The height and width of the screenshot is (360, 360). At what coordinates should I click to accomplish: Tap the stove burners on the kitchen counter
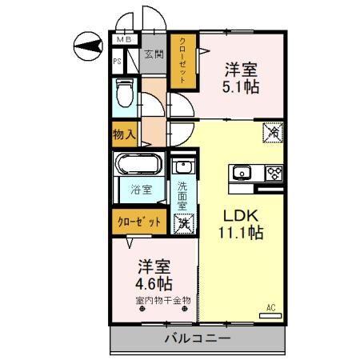[274, 172]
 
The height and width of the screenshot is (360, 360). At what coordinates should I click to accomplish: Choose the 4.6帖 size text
[152, 282]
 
